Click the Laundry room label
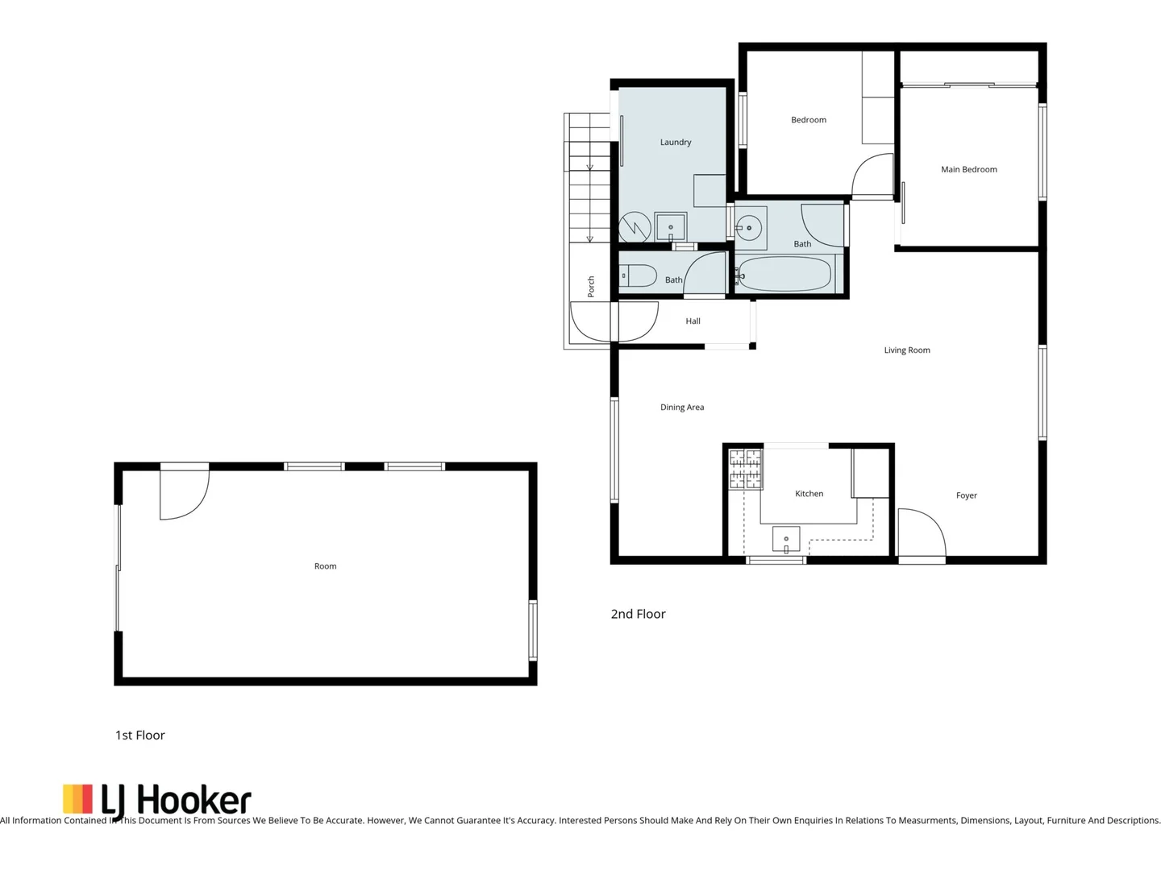click(675, 143)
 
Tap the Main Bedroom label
click(968, 170)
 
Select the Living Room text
click(906, 350)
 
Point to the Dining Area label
click(681, 408)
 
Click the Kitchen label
click(809, 494)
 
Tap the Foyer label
click(966, 496)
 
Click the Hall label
click(693, 321)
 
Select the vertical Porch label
click(591, 287)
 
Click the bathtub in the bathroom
click(784, 275)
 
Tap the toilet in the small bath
click(638, 276)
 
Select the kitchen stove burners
click(745, 470)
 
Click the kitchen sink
click(786, 539)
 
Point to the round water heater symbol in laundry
click(635, 228)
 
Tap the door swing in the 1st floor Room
click(184, 494)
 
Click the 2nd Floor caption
click(638, 614)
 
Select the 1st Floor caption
click(139, 735)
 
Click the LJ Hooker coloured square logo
click(78, 799)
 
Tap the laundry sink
click(670, 227)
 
